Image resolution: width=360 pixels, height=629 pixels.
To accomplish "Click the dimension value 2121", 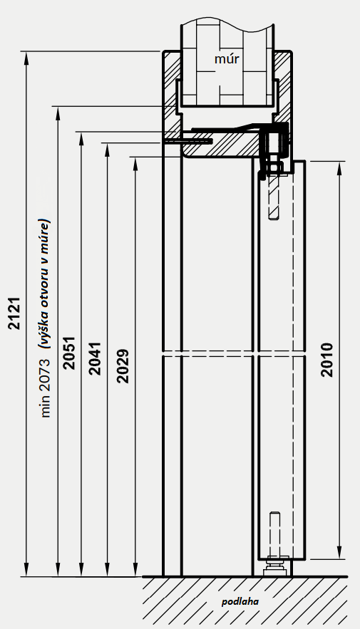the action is click(x=14, y=313).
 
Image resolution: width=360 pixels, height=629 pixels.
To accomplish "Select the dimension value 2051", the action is click(x=69, y=353).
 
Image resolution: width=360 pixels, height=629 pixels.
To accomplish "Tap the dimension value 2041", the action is click(x=95, y=358).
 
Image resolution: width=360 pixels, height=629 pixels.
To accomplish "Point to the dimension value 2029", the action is click(x=123, y=366).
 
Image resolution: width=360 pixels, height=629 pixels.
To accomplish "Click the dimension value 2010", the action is click(x=327, y=360).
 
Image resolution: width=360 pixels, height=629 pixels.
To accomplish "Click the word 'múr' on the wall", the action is click(x=227, y=59).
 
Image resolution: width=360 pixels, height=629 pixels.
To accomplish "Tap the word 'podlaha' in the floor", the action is click(x=240, y=602).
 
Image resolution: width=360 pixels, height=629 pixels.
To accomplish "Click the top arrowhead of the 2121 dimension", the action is click(x=26, y=58).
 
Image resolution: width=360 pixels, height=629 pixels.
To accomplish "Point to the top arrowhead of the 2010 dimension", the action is click(x=339, y=169).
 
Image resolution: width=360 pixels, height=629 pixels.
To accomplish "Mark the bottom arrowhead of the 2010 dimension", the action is click(x=339, y=552).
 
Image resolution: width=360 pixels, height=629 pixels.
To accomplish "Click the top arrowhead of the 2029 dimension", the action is click(x=135, y=164).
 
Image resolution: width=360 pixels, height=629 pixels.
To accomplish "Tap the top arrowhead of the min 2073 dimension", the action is click(x=58, y=113).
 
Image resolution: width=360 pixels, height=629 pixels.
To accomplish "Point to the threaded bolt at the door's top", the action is click(x=274, y=197).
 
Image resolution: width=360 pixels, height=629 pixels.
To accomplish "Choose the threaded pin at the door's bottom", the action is click(x=275, y=534).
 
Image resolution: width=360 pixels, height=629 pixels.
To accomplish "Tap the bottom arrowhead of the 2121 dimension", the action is click(x=26, y=570).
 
